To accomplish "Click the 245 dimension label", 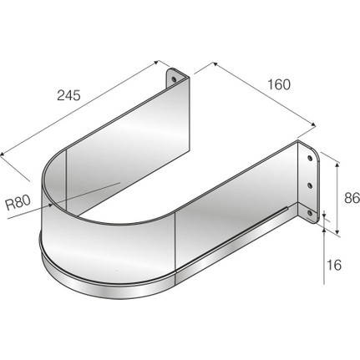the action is coord(68,95).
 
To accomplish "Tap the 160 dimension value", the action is coord(279,84).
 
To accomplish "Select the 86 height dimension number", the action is coord(352,198).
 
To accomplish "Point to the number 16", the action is coord(334,265).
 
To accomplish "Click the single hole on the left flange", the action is coord(174,79).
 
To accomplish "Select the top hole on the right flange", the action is coord(309,158).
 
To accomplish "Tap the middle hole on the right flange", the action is coord(309,185).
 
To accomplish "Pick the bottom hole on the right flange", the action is coord(309,213).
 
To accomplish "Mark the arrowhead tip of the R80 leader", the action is coord(53,205).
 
